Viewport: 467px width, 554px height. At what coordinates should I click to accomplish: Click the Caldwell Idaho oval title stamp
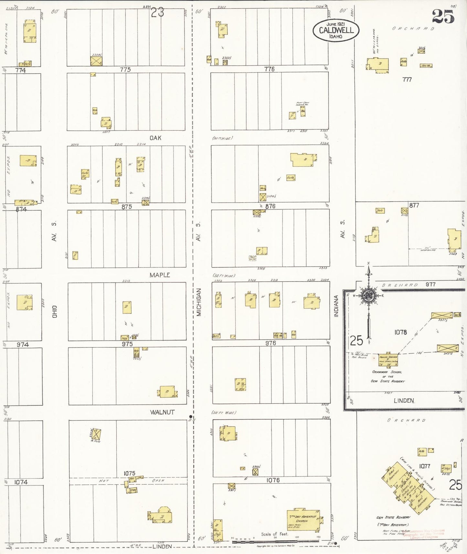point(336,30)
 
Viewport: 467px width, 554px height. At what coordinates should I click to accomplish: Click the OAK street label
point(155,138)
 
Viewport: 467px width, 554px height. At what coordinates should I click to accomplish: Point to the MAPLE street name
point(160,275)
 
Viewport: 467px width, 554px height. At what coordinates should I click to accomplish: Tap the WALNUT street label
point(162,412)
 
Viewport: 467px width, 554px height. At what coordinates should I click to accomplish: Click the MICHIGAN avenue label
point(198,302)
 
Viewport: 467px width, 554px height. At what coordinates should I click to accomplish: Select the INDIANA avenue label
point(336,306)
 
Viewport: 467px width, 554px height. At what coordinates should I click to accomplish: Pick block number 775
point(125,69)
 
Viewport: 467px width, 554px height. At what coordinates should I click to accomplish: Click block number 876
point(270,206)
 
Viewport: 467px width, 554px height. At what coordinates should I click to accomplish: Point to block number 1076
point(273,480)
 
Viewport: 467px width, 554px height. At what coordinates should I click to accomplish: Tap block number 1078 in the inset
point(400,332)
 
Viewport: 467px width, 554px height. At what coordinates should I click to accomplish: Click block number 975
point(127,344)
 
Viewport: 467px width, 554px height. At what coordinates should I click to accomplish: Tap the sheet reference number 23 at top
point(157,12)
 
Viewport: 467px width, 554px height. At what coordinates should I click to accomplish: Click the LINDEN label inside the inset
point(404,400)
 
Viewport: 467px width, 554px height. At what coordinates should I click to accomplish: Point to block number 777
point(407,79)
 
